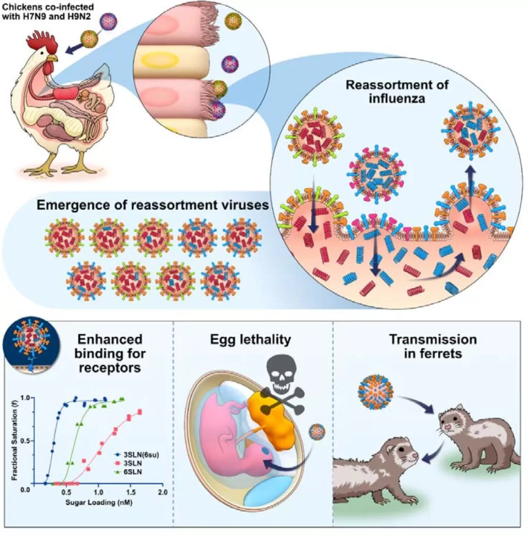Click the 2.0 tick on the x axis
163,492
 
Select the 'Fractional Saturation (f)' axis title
14,441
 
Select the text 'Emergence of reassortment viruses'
153,205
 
